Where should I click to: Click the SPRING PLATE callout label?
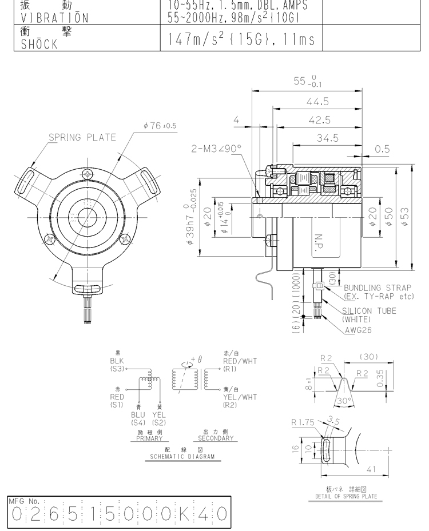82,138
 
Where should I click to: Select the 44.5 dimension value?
318,101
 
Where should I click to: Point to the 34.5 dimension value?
327,138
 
